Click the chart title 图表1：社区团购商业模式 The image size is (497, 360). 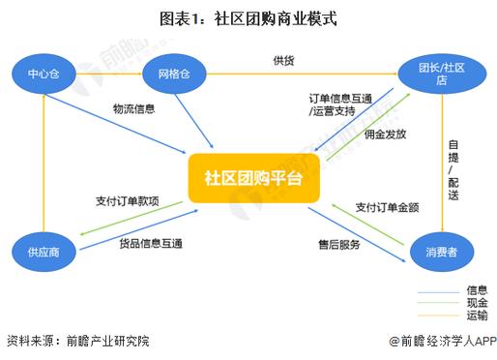248,17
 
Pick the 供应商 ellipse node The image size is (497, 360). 44,252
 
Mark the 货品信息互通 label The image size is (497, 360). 151,243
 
